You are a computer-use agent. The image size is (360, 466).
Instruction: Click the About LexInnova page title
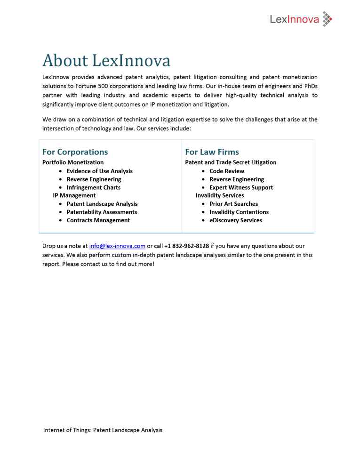tap(106, 61)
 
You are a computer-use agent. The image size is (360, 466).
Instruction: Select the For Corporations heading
tap(75, 152)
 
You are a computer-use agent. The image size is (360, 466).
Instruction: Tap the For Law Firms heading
tap(212, 152)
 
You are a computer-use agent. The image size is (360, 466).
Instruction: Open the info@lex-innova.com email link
tap(117, 246)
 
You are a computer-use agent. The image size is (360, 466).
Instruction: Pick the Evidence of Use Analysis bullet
tap(99, 171)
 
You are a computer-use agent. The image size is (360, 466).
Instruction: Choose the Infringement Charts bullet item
tap(93, 187)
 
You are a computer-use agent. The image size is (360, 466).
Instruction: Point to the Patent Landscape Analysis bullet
tap(102, 204)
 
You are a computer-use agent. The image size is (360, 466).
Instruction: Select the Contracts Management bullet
tap(98, 220)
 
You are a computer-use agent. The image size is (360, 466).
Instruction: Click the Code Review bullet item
tap(227, 171)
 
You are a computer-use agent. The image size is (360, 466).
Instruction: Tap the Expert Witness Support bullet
tap(241, 187)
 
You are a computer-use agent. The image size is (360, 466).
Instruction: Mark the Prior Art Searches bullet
tap(233, 204)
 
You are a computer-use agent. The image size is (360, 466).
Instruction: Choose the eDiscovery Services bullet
tap(236, 220)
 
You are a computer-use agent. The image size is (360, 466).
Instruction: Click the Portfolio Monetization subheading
tap(73, 162)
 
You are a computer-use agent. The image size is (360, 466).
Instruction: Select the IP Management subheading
tap(74, 195)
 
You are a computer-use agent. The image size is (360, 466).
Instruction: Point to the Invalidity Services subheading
tap(220, 195)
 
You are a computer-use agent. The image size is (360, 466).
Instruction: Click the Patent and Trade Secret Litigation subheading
tap(231, 162)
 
